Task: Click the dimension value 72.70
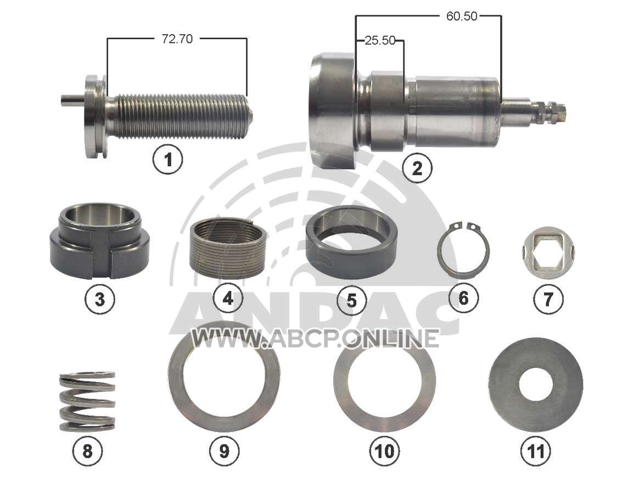click(x=177, y=39)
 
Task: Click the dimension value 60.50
click(x=462, y=16)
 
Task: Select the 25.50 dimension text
click(x=380, y=41)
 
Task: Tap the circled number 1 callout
click(x=168, y=159)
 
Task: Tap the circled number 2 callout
click(x=417, y=168)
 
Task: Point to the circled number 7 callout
click(x=548, y=299)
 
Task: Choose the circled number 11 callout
click(x=535, y=451)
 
